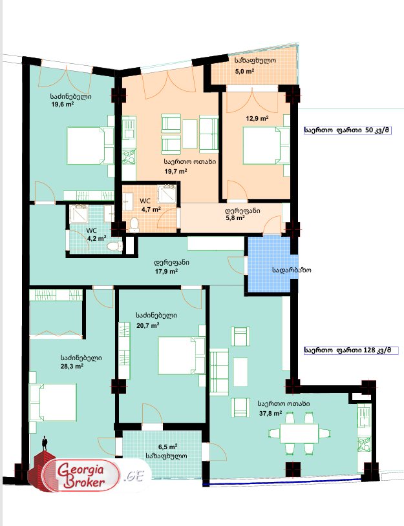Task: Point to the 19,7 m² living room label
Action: [176, 172]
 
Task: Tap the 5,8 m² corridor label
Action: [235, 218]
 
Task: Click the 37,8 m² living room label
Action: [270, 414]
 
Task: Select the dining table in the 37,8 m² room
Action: [299, 431]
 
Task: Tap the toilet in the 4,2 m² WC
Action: [114, 247]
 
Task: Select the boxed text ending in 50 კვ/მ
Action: [349, 130]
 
